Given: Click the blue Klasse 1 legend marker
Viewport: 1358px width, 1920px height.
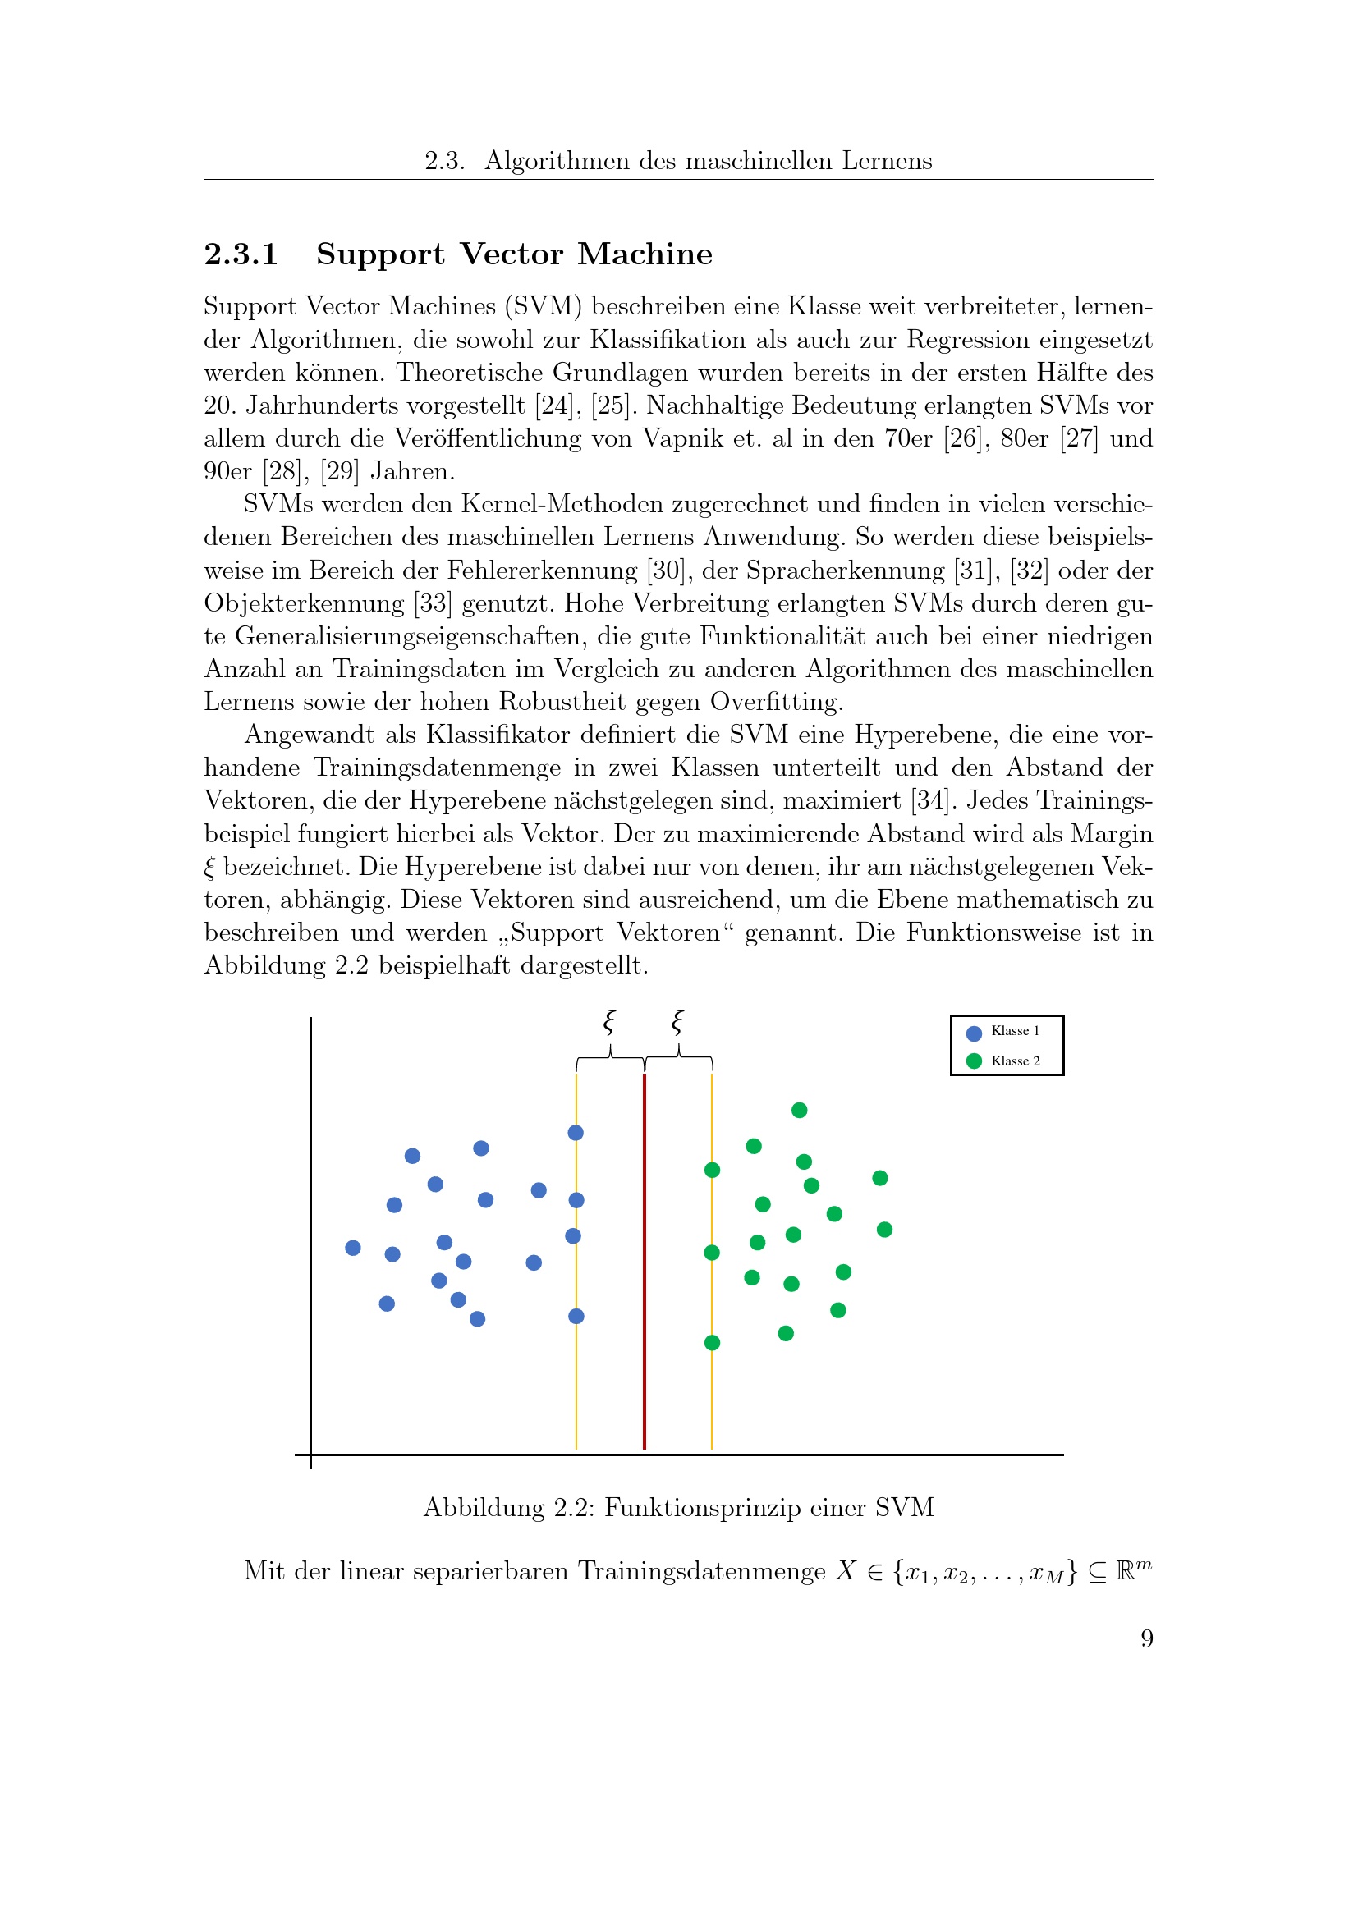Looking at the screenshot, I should [974, 1033].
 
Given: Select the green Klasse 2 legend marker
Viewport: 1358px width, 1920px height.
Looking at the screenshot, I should [974, 1061].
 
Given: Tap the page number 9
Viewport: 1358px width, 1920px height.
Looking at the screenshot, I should [1146, 1639].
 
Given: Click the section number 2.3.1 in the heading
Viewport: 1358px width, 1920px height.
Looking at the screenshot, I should [241, 254].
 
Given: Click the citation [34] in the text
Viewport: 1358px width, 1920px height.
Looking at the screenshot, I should [930, 800].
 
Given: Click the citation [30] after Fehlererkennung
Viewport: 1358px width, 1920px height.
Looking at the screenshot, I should [666, 571].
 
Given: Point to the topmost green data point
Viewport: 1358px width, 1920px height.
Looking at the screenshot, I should [800, 1110].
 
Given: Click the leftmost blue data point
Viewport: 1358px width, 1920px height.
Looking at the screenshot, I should [353, 1248].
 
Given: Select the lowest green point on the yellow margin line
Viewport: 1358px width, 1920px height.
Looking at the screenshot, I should [712, 1342].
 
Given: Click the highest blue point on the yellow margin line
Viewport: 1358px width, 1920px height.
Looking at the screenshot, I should [576, 1132].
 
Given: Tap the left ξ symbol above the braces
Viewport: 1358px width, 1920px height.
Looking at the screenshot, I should [609, 1022].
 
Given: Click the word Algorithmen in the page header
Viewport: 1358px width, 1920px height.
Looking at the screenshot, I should [557, 161].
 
